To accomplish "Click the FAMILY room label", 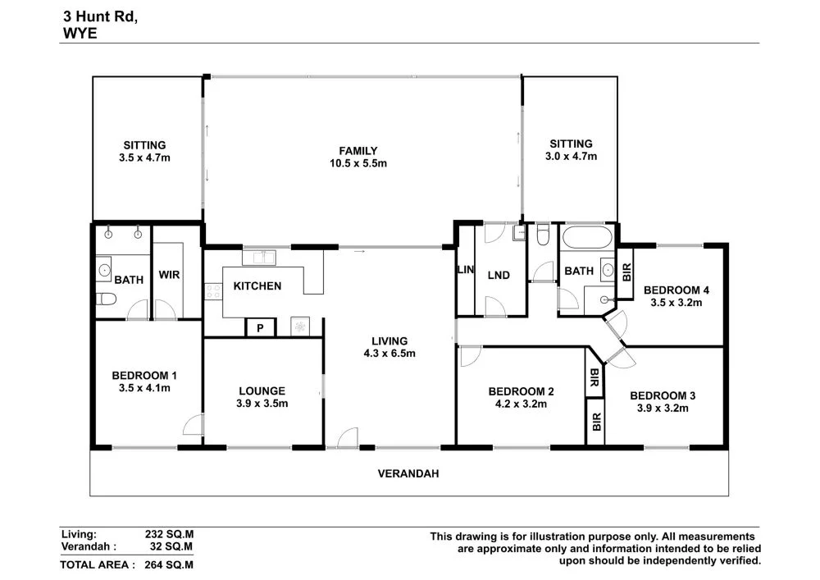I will [358, 151].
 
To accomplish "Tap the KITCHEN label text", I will [257, 286].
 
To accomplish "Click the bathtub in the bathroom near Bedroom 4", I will [586, 240].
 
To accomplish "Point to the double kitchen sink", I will [262, 258].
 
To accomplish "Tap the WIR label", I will [170, 275].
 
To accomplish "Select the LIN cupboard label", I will [464, 271].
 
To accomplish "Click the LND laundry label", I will [499, 276].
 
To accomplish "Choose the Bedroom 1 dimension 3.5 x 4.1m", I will [144, 388].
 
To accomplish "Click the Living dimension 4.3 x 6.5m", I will [389, 354].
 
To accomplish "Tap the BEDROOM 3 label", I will [664, 396].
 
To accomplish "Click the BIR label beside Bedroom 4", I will [627, 271].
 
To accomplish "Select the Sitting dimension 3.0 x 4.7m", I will [571, 156].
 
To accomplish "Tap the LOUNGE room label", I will [262, 390].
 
